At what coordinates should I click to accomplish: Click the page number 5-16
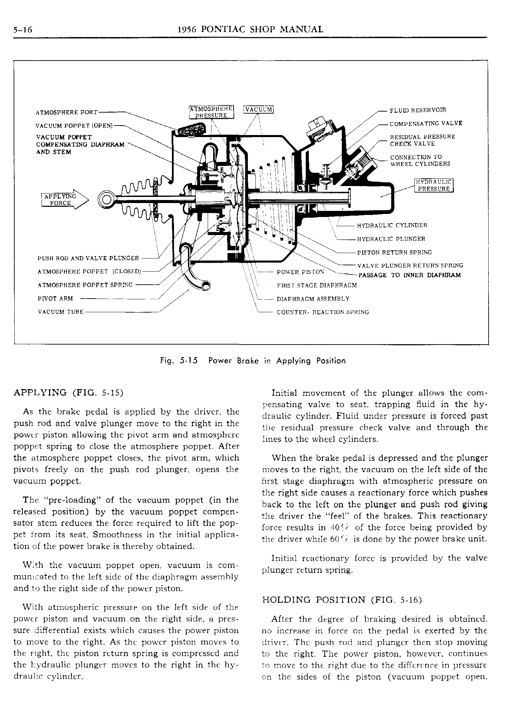click(x=22, y=30)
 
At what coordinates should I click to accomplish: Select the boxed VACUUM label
click(x=259, y=110)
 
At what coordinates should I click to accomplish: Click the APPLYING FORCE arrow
click(x=64, y=200)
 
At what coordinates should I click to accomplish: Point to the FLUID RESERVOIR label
click(x=418, y=110)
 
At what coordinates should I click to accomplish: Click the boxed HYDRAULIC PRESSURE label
click(x=434, y=185)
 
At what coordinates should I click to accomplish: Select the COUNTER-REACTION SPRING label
click(x=322, y=312)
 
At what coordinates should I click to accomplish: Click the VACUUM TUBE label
click(x=61, y=312)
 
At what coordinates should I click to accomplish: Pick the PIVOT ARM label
click(x=55, y=299)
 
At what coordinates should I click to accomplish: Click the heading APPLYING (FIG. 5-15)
click(x=68, y=393)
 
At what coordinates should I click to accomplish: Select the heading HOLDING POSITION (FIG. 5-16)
click(x=342, y=600)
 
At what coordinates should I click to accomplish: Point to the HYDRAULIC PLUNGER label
click(x=391, y=239)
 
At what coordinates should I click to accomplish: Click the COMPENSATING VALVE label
click(x=426, y=123)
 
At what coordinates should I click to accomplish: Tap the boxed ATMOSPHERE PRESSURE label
click(x=211, y=112)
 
